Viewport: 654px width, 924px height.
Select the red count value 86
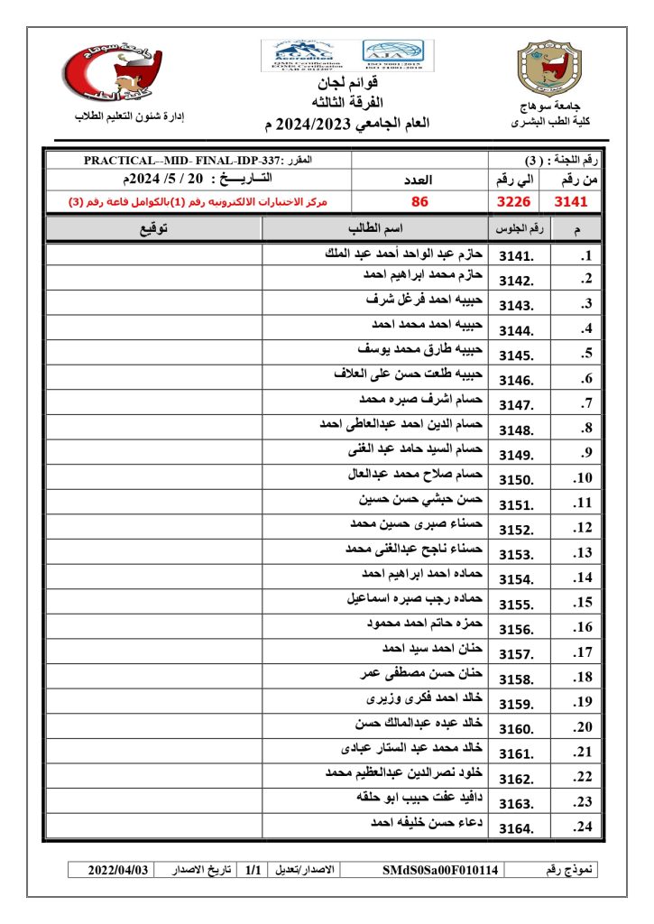(419, 201)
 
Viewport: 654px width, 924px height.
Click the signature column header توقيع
(153, 228)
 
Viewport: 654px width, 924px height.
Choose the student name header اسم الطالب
(374, 228)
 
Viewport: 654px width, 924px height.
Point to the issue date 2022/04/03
(116, 870)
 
